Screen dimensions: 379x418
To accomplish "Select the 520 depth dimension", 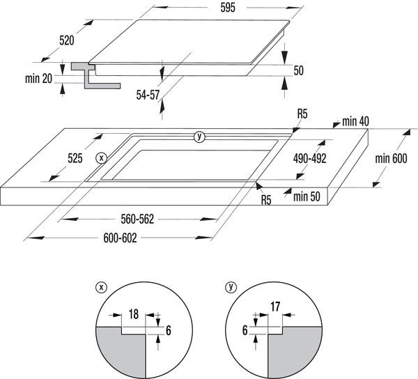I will (x=67, y=40).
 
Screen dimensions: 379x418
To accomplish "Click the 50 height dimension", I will (x=298, y=70).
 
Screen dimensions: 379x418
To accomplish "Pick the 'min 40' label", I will (x=355, y=122).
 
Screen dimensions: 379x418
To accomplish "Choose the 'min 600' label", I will (x=390, y=158).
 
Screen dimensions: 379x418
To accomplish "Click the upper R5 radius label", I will (x=302, y=114).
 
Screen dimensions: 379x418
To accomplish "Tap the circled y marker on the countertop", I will (x=200, y=137).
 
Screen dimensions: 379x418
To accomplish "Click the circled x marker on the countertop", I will (x=102, y=158).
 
